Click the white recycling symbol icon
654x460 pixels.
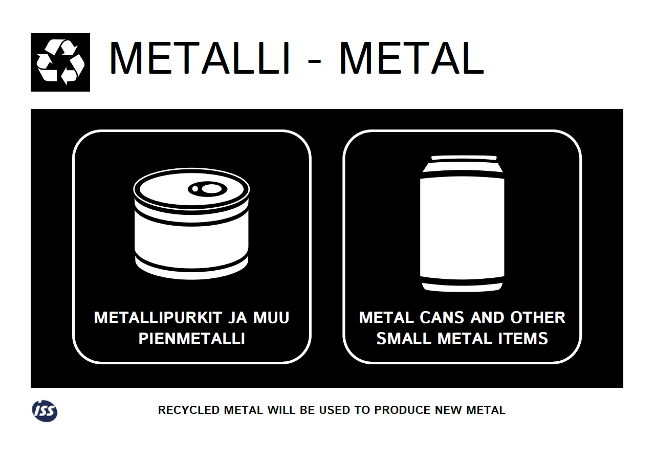click(60, 62)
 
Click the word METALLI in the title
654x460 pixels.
click(200, 58)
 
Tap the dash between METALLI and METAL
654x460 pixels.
click(314, 61)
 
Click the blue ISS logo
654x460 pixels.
click(45, 411)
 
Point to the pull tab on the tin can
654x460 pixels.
click(208, 189)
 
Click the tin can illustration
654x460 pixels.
click(191, 224)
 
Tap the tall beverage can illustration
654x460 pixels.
click(462, 224)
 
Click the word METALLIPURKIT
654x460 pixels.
click(158, 318)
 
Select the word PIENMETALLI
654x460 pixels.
click(191, 339)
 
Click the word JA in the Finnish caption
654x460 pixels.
click(237, 318)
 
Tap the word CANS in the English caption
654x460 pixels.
click(442, 318)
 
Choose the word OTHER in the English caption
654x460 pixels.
click(537, 318)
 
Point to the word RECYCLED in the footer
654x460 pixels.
click(189, 410)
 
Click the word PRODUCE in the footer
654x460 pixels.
click(402, 410)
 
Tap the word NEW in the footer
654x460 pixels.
click(448, 410)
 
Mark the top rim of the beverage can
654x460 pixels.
click(464, 158)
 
